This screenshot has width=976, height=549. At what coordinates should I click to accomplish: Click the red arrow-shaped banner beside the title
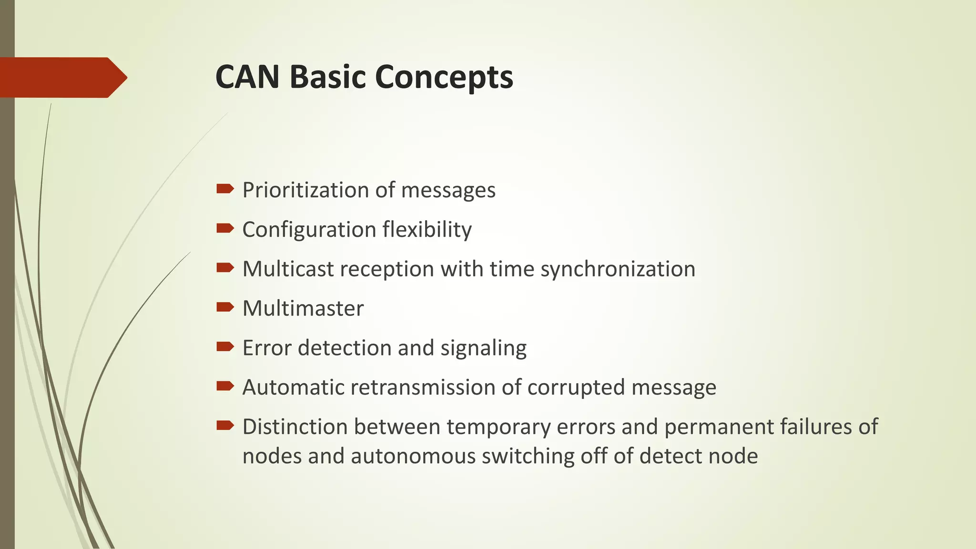coord(62,77)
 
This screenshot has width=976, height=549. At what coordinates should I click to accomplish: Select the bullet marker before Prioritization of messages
coord(224,189)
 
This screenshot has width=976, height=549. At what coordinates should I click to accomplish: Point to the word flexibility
coord(420,230)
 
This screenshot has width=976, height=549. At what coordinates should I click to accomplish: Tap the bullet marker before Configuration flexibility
coord(224,229)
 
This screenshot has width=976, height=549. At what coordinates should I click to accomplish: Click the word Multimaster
coord(303,308)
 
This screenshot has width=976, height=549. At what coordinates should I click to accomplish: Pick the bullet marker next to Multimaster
coord(224,307)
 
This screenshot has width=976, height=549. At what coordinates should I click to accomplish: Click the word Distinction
coord(295,427)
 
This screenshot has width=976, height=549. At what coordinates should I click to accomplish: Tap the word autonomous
coord(413,456)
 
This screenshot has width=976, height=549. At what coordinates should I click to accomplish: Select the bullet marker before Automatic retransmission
coord(224,386)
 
